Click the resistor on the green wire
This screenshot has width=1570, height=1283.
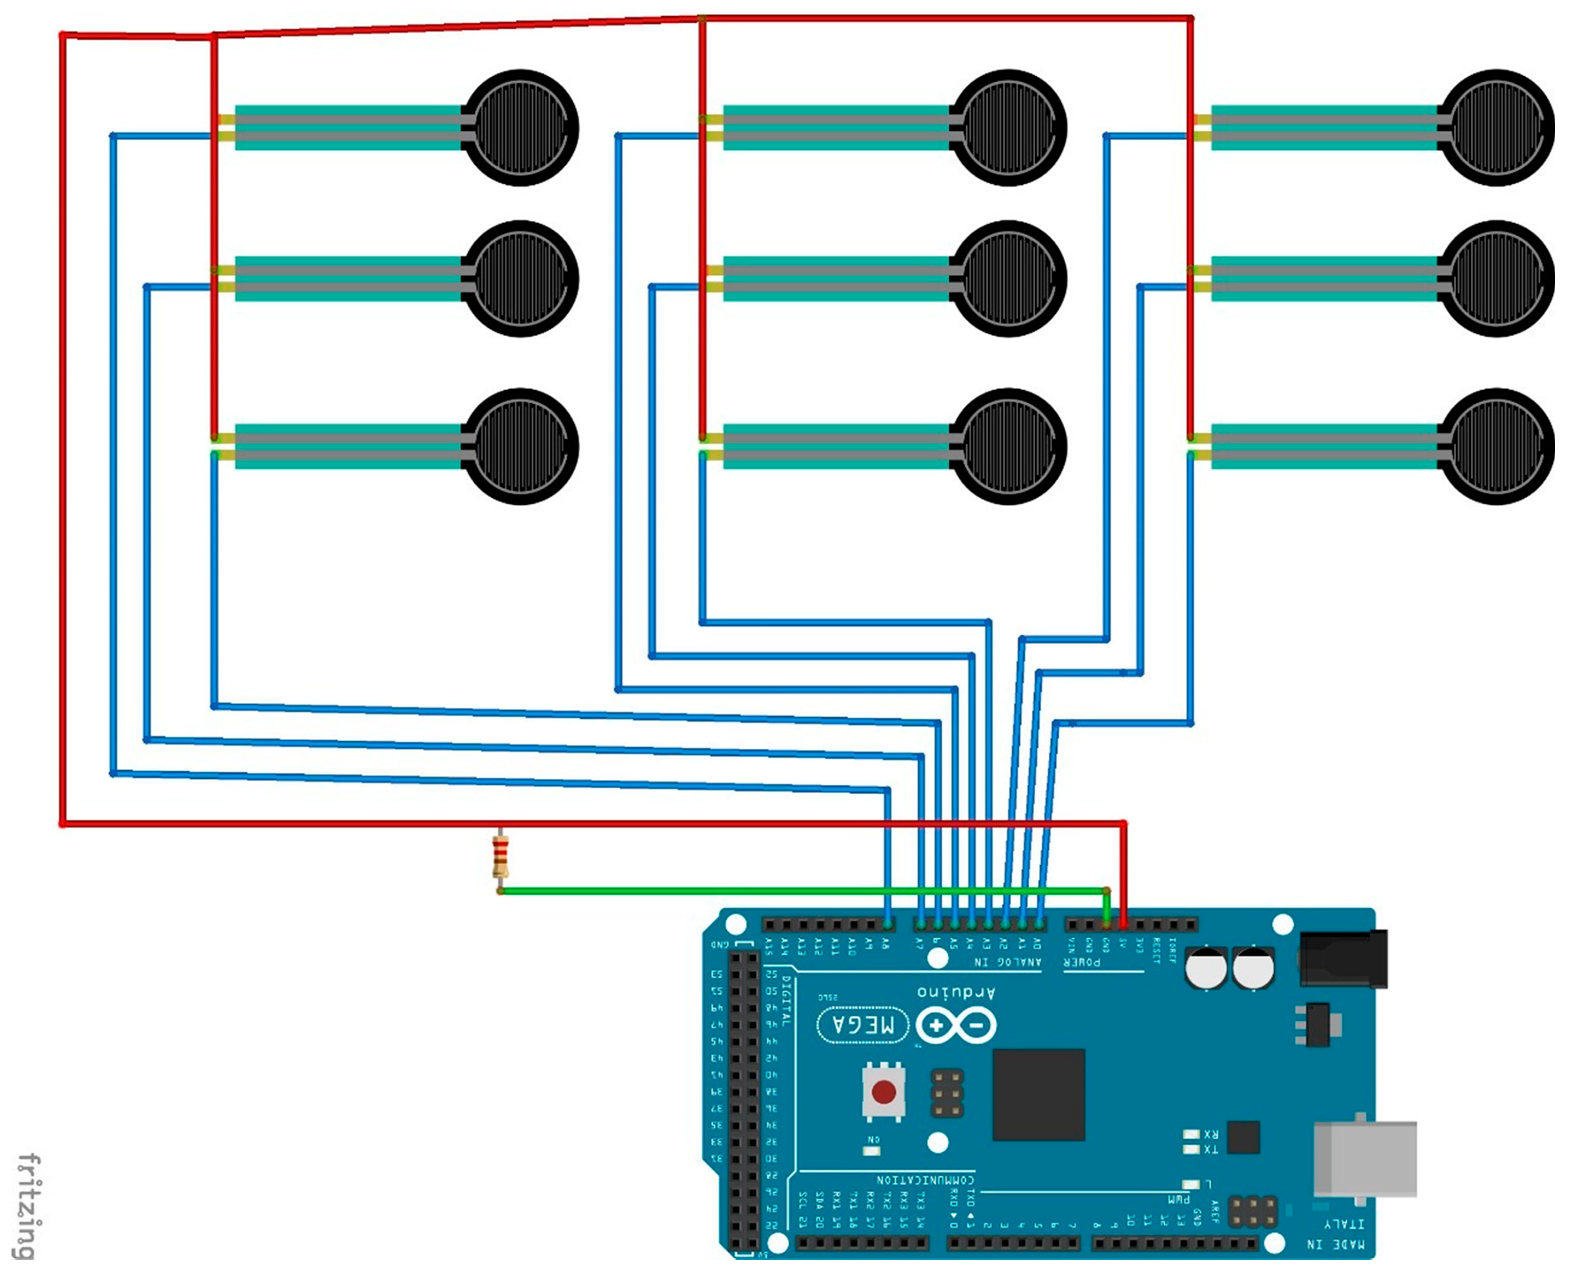[500, 857]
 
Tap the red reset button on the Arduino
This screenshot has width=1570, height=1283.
[884, 1092]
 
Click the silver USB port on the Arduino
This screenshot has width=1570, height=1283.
[1365, 1158]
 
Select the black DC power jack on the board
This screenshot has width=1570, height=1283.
[1343, 958]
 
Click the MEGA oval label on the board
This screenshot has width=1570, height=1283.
[862, 1025]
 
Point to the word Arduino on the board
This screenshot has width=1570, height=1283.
[956, 992]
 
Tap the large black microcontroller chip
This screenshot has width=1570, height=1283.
[1038, 1095]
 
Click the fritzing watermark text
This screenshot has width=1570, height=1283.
[28, 1206]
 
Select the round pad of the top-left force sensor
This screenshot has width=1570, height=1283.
[521, 128]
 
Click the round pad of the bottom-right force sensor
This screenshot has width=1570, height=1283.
[1497, 447]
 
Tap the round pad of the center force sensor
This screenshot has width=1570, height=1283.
[1008, 279]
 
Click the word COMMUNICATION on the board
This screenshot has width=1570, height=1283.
[925, 1180]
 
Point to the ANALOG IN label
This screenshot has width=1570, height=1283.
[1007, 962]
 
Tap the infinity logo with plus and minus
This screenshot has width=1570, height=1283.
[956, 1026]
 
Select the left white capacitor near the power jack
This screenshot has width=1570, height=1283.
[1206, 968]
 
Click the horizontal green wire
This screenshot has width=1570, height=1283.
[796, 890]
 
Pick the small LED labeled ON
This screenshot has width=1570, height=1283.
[872, 1150]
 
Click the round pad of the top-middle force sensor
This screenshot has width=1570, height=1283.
[1008, 128]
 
